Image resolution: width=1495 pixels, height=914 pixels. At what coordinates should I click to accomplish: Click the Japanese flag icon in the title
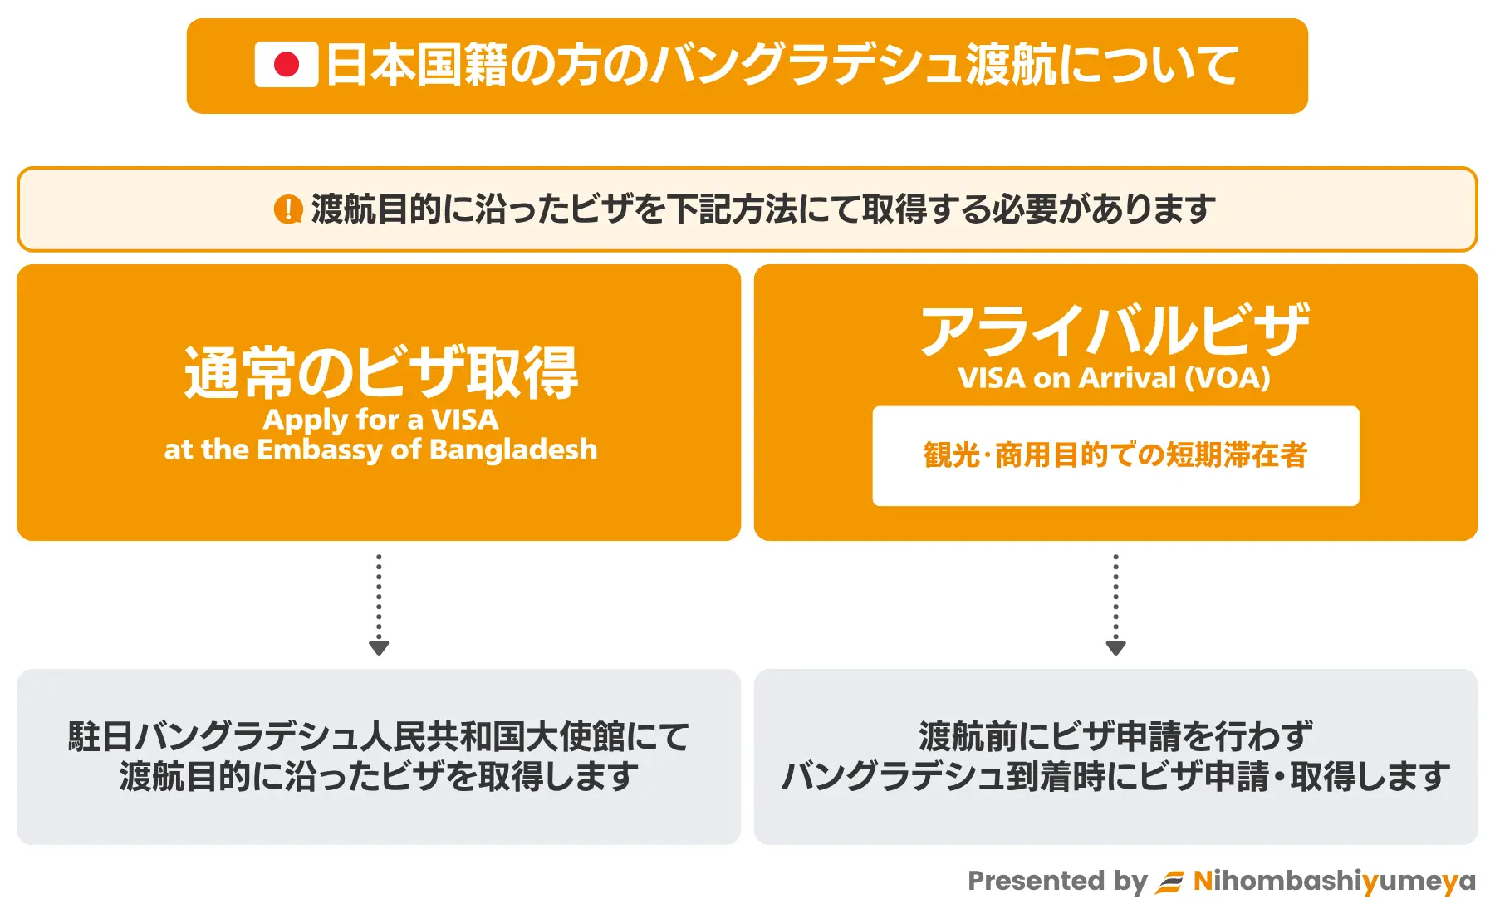pos(287,65)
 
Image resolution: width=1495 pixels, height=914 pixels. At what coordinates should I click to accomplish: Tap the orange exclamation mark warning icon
pos(287,209)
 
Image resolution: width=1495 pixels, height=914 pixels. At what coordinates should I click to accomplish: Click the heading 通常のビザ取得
pos(381,372)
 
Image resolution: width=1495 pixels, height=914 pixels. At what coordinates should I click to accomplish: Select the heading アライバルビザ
pos(1115,330)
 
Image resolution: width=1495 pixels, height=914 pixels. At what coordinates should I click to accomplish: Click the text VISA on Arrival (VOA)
pos(1115,378)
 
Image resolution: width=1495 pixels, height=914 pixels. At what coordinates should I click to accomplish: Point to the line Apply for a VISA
pos(381,420)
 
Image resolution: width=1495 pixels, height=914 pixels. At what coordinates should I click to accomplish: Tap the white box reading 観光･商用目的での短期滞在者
pos(1115,455)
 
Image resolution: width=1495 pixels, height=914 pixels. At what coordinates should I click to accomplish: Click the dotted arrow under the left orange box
pos(379,604)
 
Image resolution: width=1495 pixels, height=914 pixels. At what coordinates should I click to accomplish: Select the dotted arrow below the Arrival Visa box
pos(1115,604)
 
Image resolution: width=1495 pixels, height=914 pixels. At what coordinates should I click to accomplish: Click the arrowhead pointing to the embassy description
pos(379,648)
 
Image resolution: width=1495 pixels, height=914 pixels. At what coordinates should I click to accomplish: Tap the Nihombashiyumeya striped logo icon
pos(1170,882)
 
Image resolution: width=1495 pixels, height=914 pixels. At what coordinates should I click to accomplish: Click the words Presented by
pos(1057,881)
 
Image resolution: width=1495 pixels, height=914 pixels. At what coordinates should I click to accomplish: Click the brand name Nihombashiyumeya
pos(1335,881)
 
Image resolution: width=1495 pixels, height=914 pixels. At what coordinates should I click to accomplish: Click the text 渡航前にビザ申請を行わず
pos(1115,736)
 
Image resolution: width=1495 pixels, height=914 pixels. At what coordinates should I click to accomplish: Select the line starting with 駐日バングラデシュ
pos(379,736)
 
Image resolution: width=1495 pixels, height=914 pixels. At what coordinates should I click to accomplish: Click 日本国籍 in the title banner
pos(416,65)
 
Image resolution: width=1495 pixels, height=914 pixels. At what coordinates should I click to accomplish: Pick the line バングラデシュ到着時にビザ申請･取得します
pos(1115,776)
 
